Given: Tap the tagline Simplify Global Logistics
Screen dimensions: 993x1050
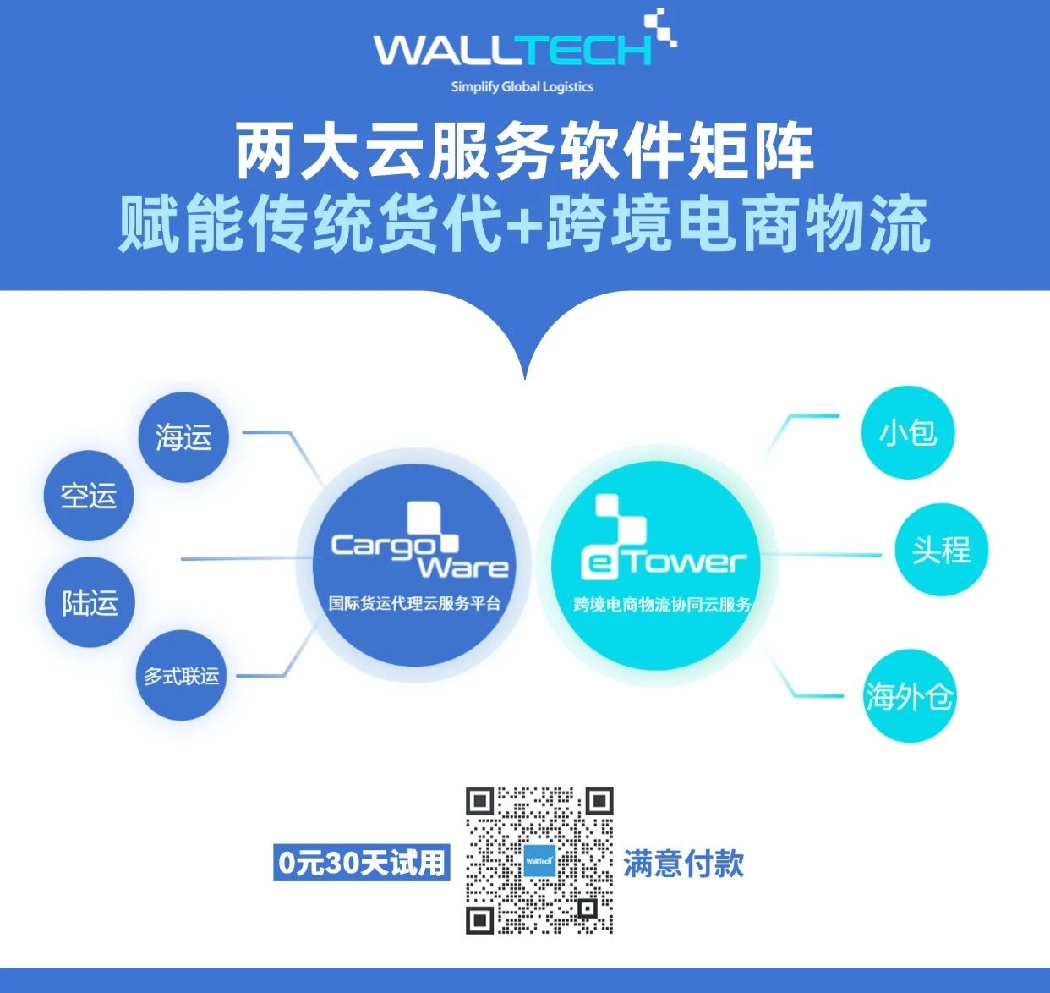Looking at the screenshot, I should tap(522, 86).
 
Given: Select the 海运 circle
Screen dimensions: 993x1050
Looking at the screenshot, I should tap(183, 437).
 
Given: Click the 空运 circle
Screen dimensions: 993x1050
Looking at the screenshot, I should tap(89, 496).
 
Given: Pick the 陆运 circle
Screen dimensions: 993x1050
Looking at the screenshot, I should tap(90, 602).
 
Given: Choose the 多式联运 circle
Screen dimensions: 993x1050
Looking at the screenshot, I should tap(181, 676).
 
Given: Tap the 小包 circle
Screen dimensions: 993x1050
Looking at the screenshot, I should tap(908, 433).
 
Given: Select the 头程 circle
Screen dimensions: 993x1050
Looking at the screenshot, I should tap(941, 550).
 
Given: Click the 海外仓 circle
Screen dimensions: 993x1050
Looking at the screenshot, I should tap(909, 696).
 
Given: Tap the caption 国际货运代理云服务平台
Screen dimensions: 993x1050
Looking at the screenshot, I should tap(414, 604).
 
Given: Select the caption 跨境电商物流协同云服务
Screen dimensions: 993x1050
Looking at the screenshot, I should tap(662, 605).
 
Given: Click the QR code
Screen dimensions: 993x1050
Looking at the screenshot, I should tap(539, 860).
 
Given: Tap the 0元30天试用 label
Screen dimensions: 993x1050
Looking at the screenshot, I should tap(361, 863).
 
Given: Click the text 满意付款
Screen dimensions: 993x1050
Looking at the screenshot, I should tap(683, 864).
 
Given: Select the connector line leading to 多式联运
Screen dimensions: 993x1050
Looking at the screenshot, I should tap(271, 674).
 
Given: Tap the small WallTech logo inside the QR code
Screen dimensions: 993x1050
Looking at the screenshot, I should tap(539, 861).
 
